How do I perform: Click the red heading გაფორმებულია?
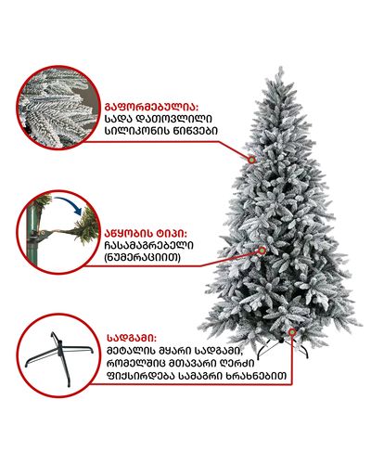[151, 107]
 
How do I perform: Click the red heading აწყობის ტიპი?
[147, 233]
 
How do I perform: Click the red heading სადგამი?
[132, 338]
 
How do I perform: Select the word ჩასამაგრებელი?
[149, 245]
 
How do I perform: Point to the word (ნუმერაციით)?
[143, 257]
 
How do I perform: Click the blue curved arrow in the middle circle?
[69, 205]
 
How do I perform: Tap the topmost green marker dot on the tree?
[251, 160]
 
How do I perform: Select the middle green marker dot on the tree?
[262, 250]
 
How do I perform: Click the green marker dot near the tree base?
[292, 332]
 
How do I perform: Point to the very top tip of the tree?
[281, 66]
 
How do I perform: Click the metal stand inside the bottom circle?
[59, 359]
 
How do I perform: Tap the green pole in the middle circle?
[32, 235]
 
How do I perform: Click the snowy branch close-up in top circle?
[58, 107]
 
